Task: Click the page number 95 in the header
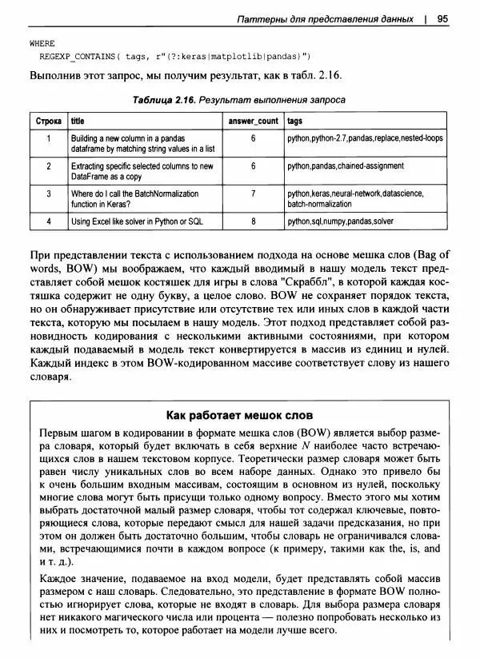pos(442,18)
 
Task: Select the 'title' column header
pos(78,121)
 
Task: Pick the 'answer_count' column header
pos(254,121)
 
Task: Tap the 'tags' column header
pos(294,121)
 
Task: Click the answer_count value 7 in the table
pos(253,193)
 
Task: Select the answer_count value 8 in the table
pos(253,221)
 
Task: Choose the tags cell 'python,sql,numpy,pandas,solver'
pos(341,221)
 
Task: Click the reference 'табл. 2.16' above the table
pos(316,75)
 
